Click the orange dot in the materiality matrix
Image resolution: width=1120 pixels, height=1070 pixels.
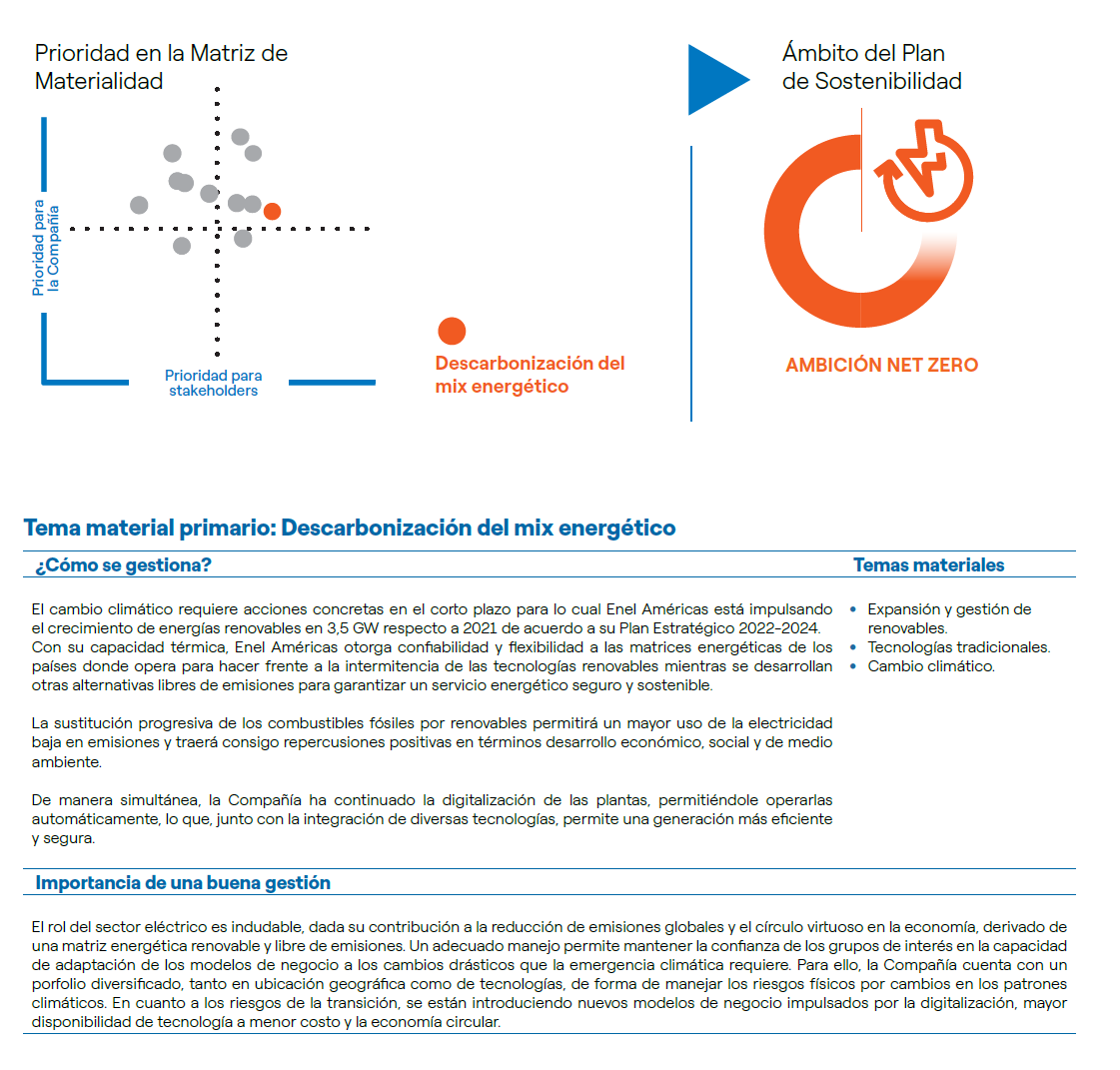pyautogui.click(x=272, y=211)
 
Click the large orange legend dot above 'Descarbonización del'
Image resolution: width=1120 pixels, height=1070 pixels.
pyautogui.click(x=452, y=331)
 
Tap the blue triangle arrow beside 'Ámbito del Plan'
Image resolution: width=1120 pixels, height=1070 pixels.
pyautogui.click(x=715, y=79)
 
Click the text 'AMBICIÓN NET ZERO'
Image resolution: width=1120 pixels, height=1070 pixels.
pyautogui.click(x=881, y=366)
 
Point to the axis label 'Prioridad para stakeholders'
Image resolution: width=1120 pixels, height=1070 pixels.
pyautogui.click(x=213, y=383)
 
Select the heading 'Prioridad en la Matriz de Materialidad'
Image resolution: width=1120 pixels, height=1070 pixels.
pyautogui.click(x=161, y=67)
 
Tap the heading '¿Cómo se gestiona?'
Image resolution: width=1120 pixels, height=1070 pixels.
pyautogui.click(x=123, y=565)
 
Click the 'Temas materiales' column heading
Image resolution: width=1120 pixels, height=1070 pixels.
pyautogui.click(x=928, y=565)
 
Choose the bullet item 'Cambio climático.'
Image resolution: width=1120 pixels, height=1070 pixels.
pyautogui.click(x=930, y=666)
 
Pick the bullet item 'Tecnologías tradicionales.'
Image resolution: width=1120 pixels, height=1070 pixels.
pyautogui.click(x=958, y=647)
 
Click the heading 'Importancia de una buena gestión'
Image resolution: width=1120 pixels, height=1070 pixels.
pyautogui.click(x=183, y=883)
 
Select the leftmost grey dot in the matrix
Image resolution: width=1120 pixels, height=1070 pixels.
pyautogui.click(x=139, y=205)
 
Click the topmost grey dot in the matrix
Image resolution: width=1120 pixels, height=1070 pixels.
pyautogui.click(x=240, y=137)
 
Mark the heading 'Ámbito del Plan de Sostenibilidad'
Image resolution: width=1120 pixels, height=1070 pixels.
pyautogui.click(x=871, y=67)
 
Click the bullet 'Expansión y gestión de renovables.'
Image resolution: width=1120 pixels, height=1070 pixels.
pyautogui.click(x=948, y=618)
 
